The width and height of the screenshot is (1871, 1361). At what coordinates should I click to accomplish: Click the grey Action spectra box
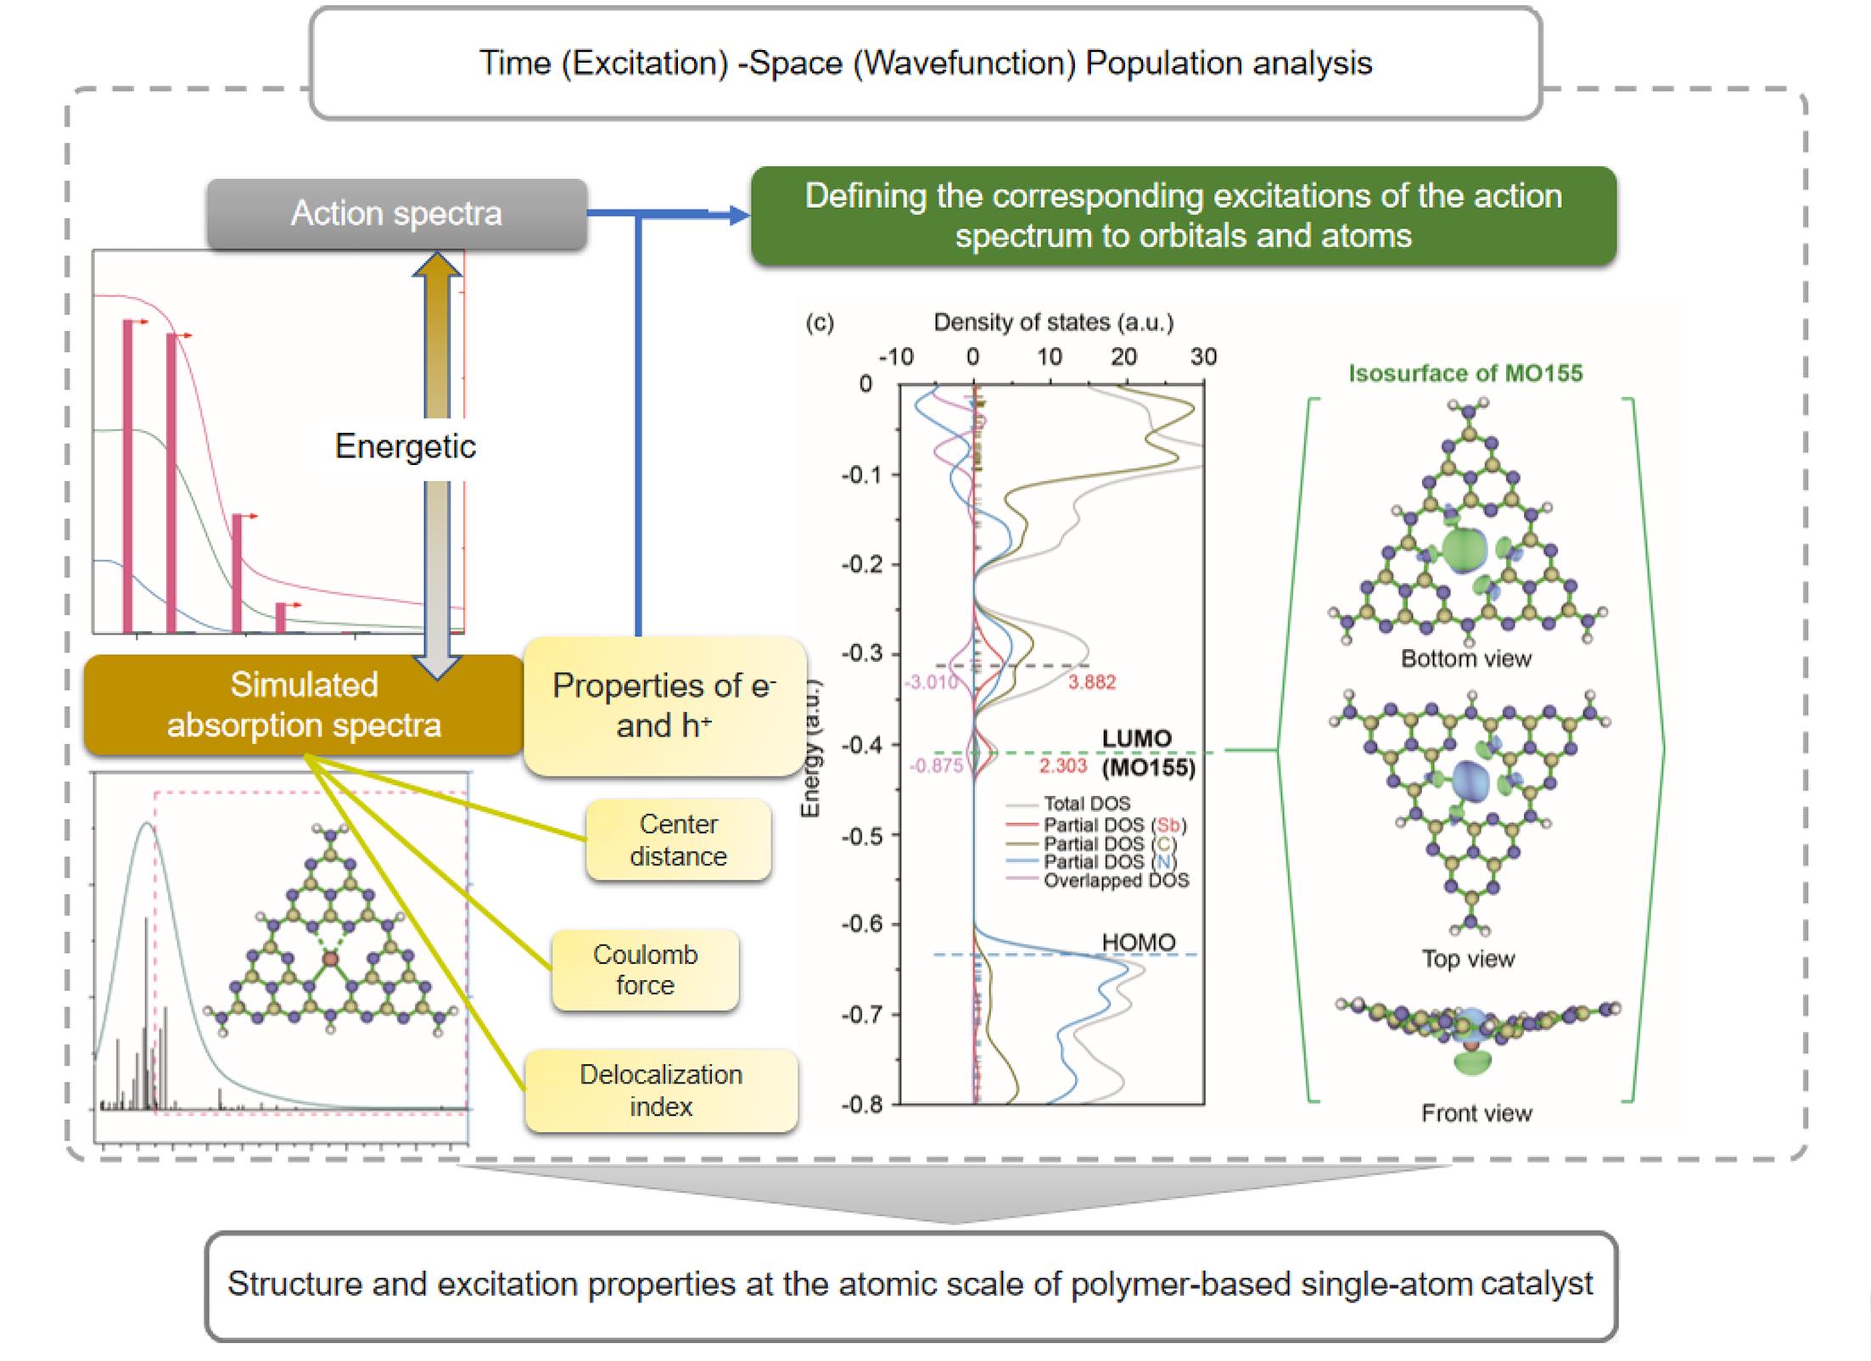[x=396, y=214]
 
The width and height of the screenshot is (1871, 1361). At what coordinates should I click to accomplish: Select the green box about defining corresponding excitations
[x=1183, y=216]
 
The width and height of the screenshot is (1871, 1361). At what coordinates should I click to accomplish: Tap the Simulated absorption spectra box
[x=304, y=704]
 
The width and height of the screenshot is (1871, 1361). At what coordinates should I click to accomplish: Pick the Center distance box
[x=678, y=839]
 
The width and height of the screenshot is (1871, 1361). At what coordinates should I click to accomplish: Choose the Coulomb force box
[x=645, y=969]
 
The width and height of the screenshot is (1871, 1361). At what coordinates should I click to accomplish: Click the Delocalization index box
[x=661, y=1090]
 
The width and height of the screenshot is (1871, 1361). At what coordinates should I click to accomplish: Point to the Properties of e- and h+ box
[x=664, y=705]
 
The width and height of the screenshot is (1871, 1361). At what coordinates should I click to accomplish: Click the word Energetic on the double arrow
[x=405, y=446]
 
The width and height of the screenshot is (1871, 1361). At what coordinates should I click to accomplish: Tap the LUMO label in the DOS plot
[x=1136, y=738]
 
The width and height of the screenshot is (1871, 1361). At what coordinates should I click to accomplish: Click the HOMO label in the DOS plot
[x=1138, y=942]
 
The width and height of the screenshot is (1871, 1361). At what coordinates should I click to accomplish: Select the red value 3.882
[x=1091, y=682]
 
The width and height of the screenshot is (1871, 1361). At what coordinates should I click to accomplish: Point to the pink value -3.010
[x=931, y=682]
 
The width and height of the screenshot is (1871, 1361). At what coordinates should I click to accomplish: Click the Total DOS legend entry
[x=1086, y=804]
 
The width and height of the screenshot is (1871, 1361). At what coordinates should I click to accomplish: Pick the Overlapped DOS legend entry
[x=1115, y=881]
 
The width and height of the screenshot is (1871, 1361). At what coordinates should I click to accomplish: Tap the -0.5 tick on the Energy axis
[x=864, y=836]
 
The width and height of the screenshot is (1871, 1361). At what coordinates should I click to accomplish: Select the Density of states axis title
[x=1053, y=322]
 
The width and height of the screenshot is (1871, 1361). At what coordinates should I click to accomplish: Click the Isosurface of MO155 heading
[x=1465, y=373]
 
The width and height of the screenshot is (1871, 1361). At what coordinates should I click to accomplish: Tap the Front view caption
[x=1476, y=1113]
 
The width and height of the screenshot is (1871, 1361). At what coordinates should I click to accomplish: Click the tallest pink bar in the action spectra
[x=128, y=475]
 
